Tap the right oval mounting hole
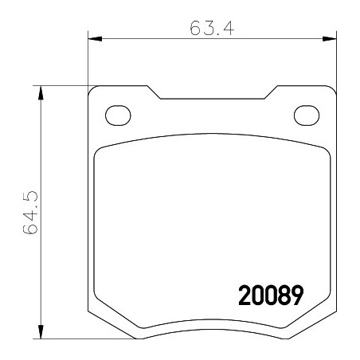pyautogui.click(x=305, y=115)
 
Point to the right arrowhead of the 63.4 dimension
pyautogui.click(x=328, y=38)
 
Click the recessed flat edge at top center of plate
pyautogui.click(x=211, y=100)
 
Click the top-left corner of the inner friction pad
pyautogui.click(x=100, y=151)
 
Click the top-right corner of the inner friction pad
pyautogui.click(x=323, y=151)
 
